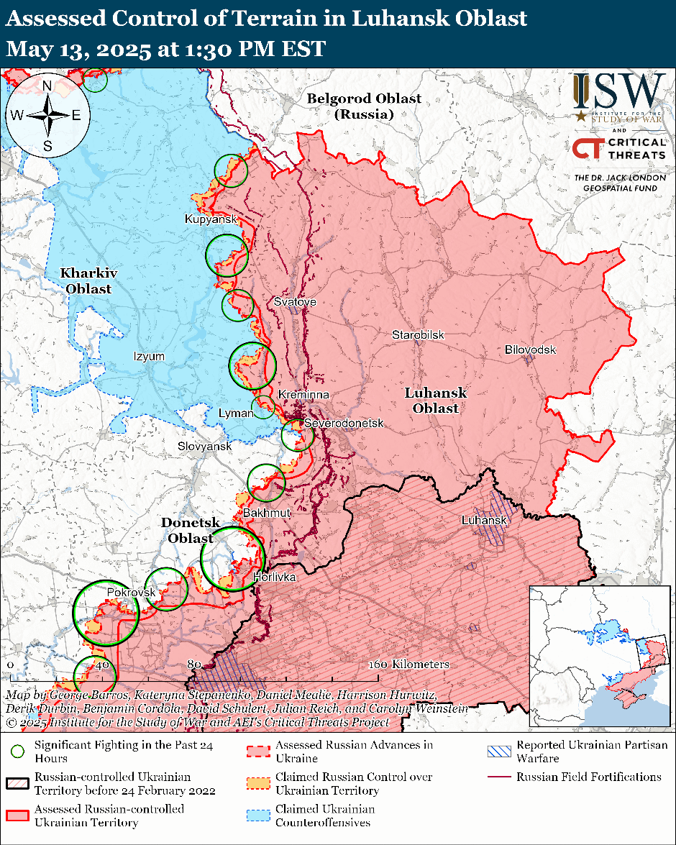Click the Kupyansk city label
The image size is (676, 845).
(x=211, y=219)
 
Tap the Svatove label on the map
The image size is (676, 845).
(x=295, y=302)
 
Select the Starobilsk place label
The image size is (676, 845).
(x=418, y=335)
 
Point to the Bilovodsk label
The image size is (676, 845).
(x=530, y=350)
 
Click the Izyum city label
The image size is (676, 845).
(x=149, y=357)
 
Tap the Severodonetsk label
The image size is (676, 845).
(x=344, y=424)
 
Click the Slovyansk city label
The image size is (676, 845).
(x=205, y=447)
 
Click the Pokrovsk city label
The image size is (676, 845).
(x=131, y=592)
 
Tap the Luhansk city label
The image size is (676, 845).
(x=485, y=520)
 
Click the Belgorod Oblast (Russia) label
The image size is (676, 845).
(x=364, y=106)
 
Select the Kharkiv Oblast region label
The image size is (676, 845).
(x=88, y=280)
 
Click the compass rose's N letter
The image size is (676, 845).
(x=47, y=86)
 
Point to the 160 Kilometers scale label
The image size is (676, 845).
(x=410, y=664)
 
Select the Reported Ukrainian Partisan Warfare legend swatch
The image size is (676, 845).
(x=498, y=752)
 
